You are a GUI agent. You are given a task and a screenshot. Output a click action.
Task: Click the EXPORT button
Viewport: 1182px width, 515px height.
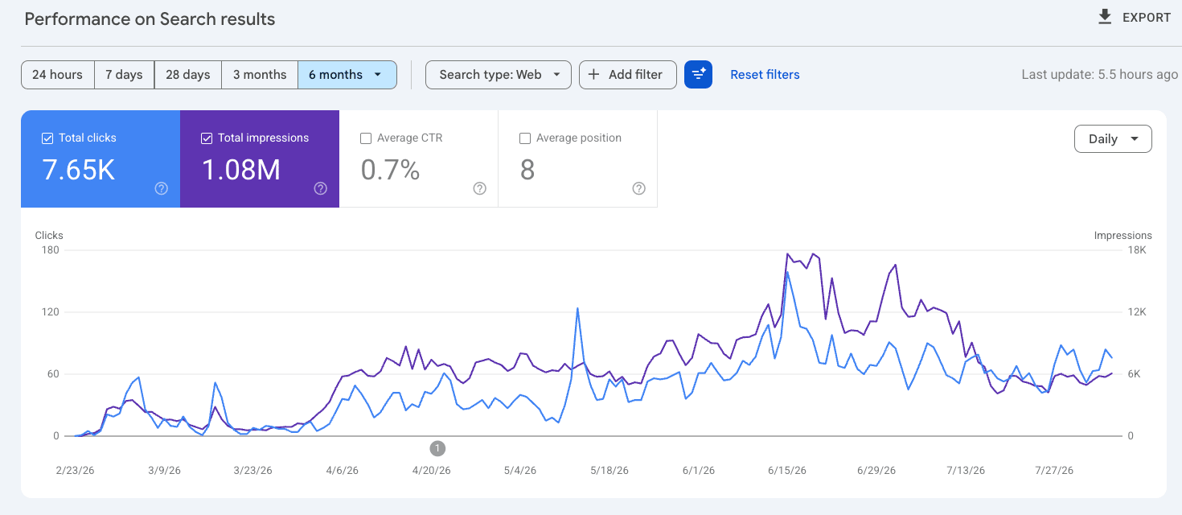coord(1134,18)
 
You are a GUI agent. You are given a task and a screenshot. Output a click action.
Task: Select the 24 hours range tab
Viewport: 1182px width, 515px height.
coord(58,75)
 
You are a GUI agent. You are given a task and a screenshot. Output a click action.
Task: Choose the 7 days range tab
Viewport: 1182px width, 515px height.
coord(124,75)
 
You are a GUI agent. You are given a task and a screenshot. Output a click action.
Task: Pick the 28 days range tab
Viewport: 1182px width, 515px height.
coord(188,75)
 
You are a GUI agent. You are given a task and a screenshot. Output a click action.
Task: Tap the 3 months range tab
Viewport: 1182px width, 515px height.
coord(260,75)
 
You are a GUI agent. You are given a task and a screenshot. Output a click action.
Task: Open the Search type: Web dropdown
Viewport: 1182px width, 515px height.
coord(499,75)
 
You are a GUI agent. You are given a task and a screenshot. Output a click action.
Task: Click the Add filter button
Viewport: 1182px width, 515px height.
coord(627,75)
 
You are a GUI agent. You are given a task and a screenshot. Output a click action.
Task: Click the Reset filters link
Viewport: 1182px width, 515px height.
coord(765,75)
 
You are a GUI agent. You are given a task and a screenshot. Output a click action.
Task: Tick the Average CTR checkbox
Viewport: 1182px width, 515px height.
coord(366,138)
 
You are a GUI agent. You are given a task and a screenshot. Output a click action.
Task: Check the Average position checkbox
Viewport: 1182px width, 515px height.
coord(525,138)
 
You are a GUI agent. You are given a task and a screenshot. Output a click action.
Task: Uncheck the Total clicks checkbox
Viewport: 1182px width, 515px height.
coord(47,138)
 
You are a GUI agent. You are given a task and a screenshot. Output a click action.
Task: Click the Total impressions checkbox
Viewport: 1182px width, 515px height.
coord(207,138)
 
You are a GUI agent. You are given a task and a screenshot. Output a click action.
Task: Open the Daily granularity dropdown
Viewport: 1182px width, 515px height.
coord(1113,139)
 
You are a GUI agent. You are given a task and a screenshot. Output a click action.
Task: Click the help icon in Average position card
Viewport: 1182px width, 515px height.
coord(638,188)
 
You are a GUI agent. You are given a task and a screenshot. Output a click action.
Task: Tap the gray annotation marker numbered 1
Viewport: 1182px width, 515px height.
coord(437,448)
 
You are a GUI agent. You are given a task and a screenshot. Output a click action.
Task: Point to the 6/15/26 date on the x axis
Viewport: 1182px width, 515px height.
coord(786,470)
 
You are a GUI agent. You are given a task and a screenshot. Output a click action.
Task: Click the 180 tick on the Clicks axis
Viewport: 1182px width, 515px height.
coord(50,249)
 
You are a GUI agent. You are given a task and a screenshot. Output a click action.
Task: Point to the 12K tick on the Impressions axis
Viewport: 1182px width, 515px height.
coord(1137,311)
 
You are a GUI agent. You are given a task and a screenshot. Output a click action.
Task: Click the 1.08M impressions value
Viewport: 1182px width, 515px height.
coord(240,170)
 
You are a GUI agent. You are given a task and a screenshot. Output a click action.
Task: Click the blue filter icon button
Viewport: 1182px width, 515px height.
coord(698,75)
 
